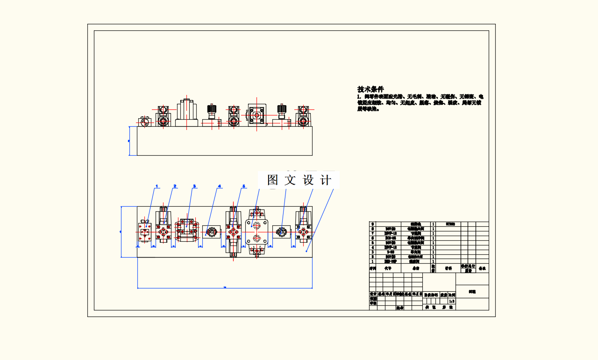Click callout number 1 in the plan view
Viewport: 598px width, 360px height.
click(x=157, y=186)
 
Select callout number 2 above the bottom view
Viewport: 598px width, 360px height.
click(x=175, y=186)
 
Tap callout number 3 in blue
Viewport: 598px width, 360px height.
click(x=194, y=186)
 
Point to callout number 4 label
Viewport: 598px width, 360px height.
click(x=219, y=186)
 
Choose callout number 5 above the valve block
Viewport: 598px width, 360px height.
click(x=243, y=186)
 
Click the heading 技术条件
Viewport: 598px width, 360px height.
click(x=370, y=89)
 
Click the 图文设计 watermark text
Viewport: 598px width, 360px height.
click(x=299, y=180)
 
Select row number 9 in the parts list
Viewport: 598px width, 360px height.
click(x=372, y=224)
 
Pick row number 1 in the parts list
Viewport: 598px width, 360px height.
click(x=372, y=262)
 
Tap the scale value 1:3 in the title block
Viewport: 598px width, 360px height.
click(x=451, y=302)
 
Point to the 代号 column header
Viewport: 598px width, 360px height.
click(x=388, y=269)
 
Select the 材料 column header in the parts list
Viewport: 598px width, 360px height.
click(x=448, y=269)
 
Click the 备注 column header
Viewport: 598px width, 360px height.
click(x=482, y=269)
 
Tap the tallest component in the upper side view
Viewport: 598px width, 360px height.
click(x=186, y=113)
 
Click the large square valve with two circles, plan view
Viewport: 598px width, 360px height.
click(x=256, y=232)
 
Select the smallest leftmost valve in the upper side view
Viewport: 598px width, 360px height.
click(x=145, y=122)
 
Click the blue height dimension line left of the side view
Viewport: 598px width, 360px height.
click(x=129, y=141)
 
